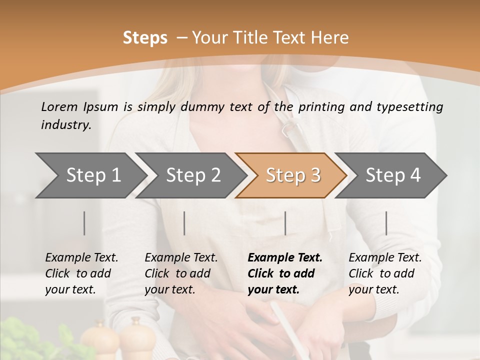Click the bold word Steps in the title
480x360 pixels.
pyautogui.click(x=145, y=38)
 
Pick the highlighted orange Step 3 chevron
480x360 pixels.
pyautogui.click(x=293, y=175)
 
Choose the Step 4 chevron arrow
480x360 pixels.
pyautogui.click(x=393, y=175)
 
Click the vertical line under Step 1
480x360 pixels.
pyautogui.click(x=84, y=223)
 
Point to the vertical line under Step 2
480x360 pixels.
pyautogui.click(x=184, y=223)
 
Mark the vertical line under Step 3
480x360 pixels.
pyautogui.click(x=285, y=223)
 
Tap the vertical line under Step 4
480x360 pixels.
pyautogui.click(x=386, y=223)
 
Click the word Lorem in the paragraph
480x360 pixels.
pyautogui.click(x=59, y=106)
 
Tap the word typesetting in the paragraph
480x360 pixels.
pyautogui.click(x=414, y=106)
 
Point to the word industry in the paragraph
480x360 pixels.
pyautogui.click(x=66, y=125)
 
